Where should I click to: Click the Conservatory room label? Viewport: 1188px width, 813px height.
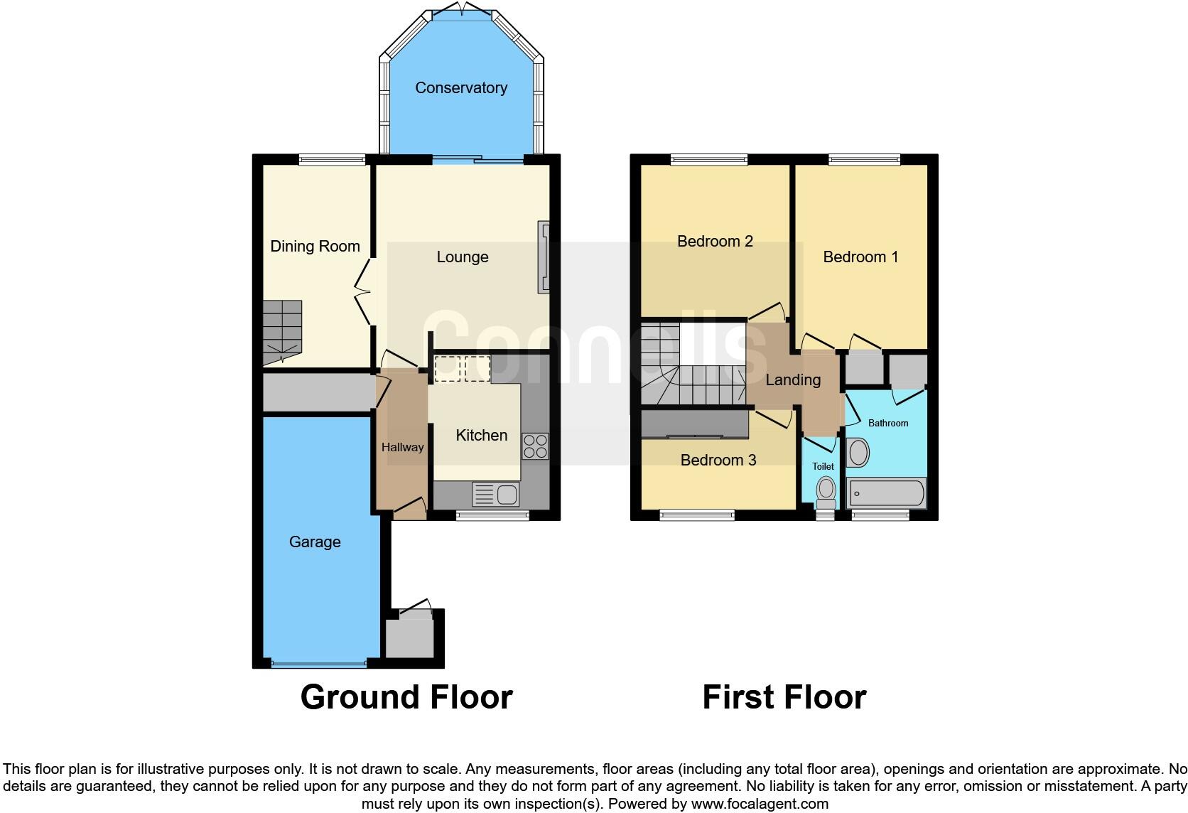point(460,87)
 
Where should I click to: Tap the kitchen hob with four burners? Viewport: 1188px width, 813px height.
point(535,446)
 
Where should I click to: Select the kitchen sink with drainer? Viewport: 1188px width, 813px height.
point(495,494)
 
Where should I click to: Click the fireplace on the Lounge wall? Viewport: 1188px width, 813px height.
point(544,257)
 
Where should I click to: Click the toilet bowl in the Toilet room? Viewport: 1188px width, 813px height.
point(825,489)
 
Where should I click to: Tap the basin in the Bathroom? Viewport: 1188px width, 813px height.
point(858,453)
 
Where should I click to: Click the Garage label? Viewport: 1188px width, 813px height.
point(314,542)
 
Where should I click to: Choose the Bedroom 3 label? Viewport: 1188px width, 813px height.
point(718,460)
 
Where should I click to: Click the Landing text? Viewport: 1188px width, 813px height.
point(793,380)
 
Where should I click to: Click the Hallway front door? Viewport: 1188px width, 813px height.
point(409,507)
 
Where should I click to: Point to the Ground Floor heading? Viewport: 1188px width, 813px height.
point(406,697)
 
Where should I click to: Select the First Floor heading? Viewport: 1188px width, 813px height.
point(784,697)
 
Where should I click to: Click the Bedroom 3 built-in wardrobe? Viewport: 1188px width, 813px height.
point(695,424)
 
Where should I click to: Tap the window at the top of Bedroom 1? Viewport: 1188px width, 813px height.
point(864,160)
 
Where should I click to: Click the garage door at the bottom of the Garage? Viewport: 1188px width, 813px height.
point(318,664)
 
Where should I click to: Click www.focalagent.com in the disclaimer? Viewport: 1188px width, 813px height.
point(760,804)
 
